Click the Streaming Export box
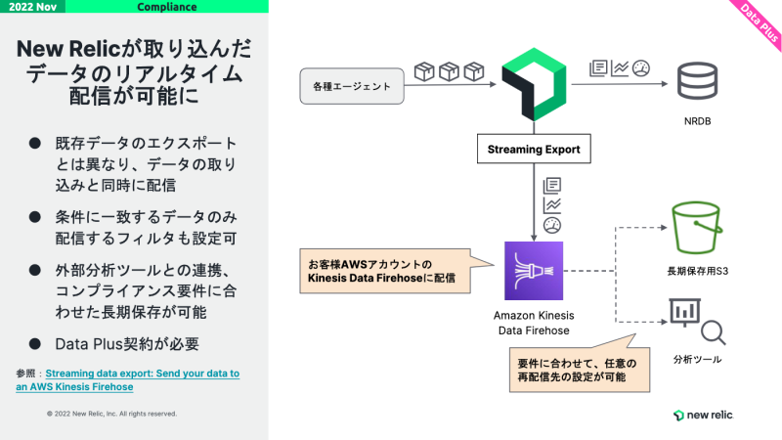(534, 150)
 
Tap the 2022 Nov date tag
(35, 7)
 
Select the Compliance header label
(166, 7)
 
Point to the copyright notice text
(111, 414)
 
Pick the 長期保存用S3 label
(696, 268)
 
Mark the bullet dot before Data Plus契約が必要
(34, 344)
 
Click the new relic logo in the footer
(703, 416)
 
